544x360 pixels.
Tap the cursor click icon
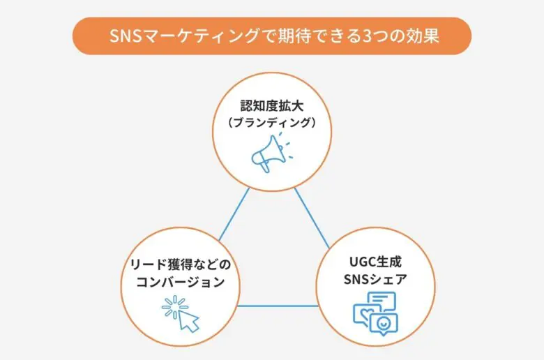click(181, 314)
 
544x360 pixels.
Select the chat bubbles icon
click(375, 313)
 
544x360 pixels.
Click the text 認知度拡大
click(272, 106)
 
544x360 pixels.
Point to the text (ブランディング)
click(272, 123)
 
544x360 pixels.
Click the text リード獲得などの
click(181, 265)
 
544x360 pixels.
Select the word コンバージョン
click(181, 282)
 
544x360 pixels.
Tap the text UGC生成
click(375, 262)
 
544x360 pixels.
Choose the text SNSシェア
click(375, 279)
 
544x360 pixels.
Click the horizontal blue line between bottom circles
click(278, 306)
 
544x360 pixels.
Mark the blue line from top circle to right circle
click(312, 218)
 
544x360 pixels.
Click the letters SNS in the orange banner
click(126, 36)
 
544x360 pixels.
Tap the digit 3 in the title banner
click(366, 36)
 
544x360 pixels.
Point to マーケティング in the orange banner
click(202, 36)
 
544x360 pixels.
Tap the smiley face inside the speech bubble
click(384, 324)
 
